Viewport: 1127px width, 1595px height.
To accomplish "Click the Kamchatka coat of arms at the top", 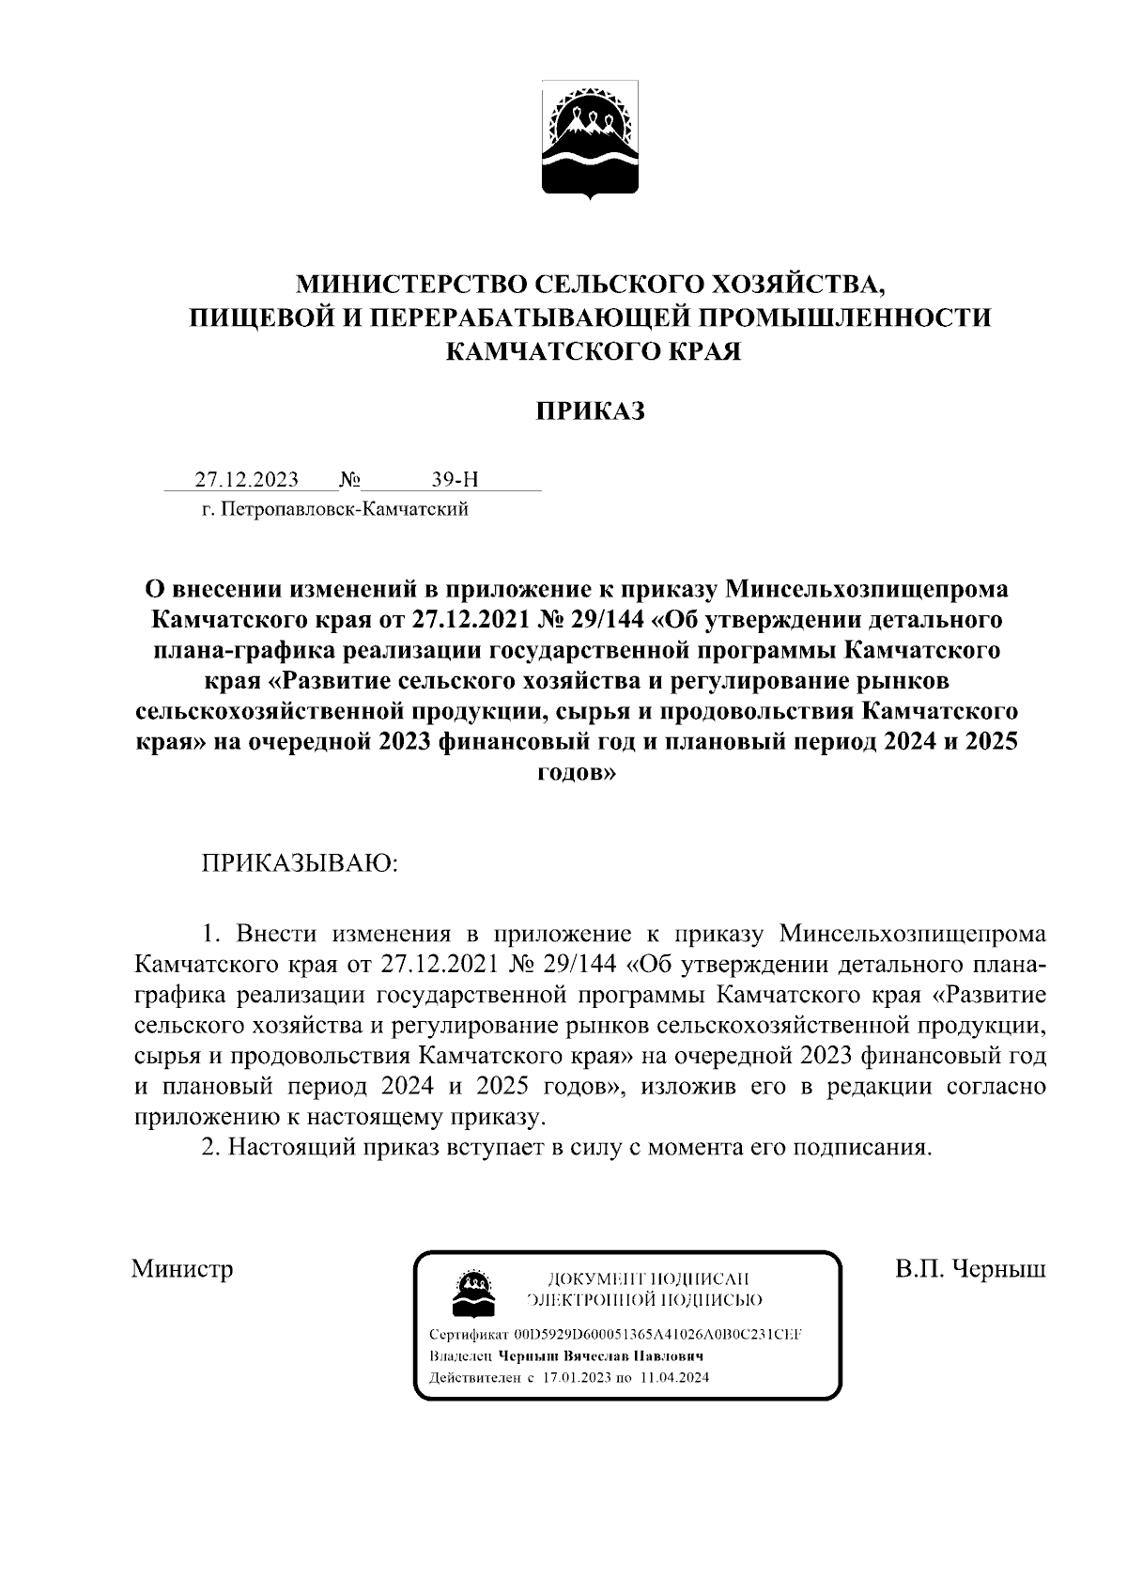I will (x=590, y=142).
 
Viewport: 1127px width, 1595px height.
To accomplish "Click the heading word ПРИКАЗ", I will (x=591, y=411).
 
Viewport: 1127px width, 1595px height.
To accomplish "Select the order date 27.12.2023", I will (x=246, y=480).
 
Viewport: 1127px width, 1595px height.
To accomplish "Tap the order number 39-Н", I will (x=455, y=480).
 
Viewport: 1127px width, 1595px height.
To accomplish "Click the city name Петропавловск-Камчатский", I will (x=344, y=510).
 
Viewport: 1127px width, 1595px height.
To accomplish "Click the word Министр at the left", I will (x=182, y=1270).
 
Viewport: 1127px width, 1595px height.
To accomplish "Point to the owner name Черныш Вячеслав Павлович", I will (x=601, y=1357).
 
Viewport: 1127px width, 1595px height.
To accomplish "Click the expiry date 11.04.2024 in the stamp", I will (x=674, y=1379).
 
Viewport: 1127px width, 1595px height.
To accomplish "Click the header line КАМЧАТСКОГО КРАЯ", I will (x=591, y=351).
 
